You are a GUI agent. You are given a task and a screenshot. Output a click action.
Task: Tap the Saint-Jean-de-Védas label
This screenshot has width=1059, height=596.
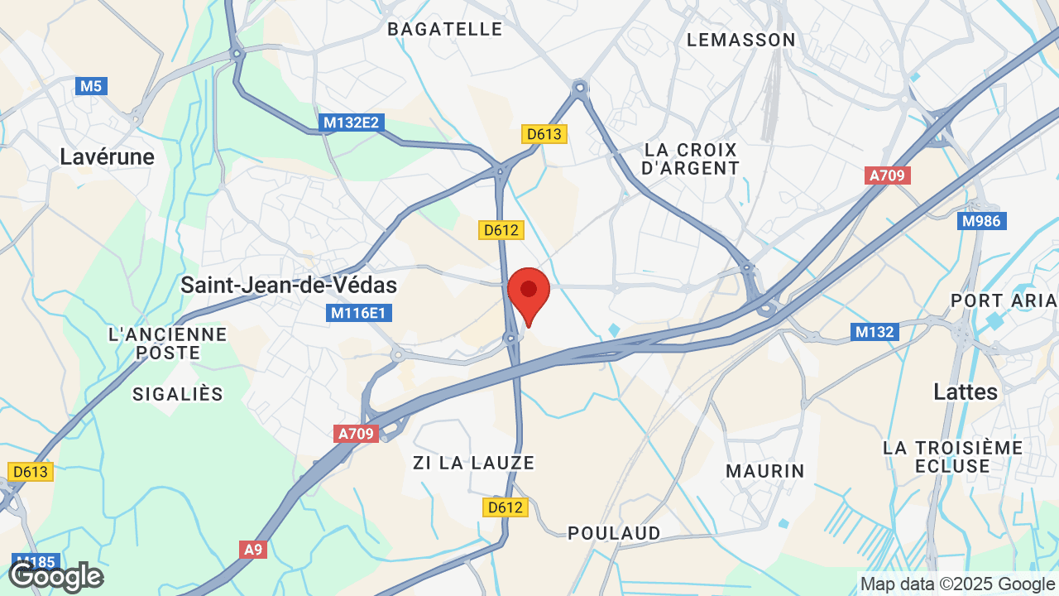pos(289,286)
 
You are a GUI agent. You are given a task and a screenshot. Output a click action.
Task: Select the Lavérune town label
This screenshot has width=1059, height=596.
pos(107,157)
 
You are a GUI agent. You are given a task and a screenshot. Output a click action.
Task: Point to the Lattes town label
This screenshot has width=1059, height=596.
pos(966,392)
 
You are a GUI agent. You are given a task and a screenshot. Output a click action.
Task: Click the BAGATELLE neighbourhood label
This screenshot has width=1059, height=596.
pos(445,29)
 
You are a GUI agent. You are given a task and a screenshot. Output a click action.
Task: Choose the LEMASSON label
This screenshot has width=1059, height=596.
pos(741,40)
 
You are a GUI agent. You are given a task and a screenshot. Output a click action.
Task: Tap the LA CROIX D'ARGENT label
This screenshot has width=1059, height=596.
pos(691,159)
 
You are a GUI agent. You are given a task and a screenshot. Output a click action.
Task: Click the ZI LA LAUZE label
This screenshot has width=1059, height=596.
pos(474,463)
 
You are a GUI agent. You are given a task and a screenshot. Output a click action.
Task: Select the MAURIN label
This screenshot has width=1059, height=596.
pos(765,471)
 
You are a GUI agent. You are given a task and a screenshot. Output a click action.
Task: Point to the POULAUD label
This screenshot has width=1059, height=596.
pos(615,533)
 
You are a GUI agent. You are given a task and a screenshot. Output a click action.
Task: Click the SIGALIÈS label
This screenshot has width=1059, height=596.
pos(178,394)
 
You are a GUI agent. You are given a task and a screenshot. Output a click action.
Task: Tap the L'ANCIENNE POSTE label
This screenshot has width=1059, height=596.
pos(168,343)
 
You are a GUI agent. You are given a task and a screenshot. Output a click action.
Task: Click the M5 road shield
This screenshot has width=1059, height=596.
pos(92,85)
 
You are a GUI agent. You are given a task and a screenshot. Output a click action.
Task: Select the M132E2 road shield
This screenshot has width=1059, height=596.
pos(351,123)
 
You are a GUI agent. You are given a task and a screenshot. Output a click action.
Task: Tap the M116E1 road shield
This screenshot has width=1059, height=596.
pos(360,313)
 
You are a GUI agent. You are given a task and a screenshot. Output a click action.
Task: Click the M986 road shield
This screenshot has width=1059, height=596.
pos(981,221)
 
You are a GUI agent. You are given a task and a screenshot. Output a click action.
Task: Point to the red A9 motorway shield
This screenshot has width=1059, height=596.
pos(254,549)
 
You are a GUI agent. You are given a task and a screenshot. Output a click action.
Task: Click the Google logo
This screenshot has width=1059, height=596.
pos(56,577)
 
